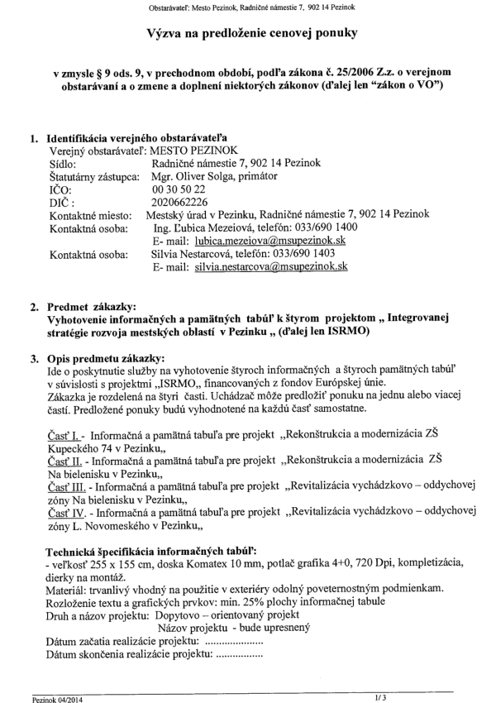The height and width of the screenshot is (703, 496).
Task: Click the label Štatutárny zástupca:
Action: [x=93, y=175]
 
